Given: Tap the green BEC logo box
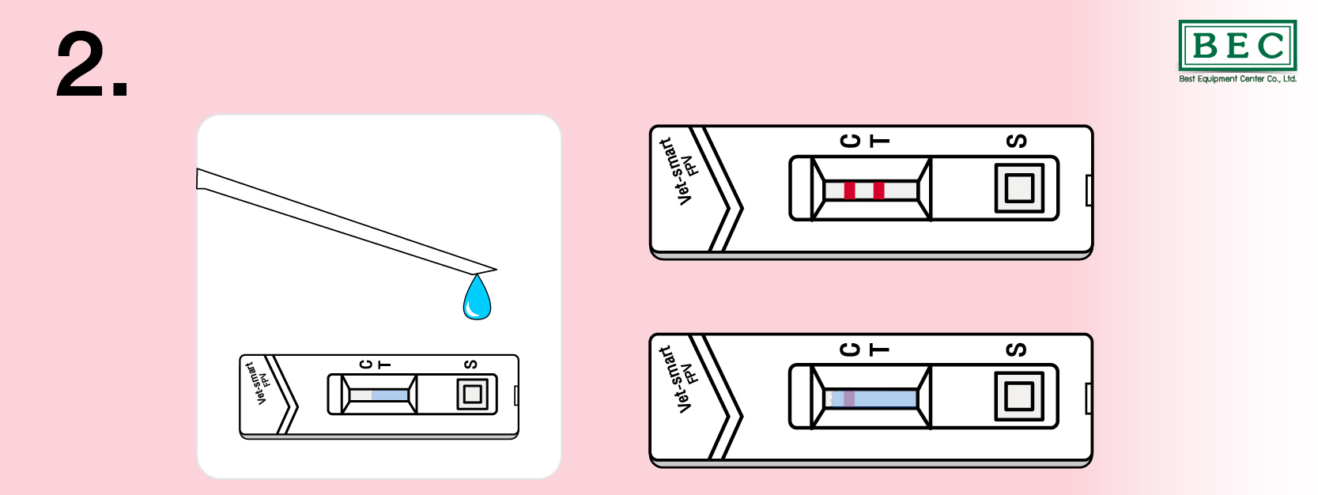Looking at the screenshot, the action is click(x=1237, y=45).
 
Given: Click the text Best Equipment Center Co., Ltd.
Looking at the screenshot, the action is click(x=1237, y=79).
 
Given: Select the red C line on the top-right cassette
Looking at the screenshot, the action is click(x=849, y=191).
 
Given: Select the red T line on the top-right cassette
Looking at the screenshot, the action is click(x=878, y=191).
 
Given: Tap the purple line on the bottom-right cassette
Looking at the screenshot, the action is click(x=849, y=399).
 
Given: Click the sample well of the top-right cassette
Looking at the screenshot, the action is click(x=1019, y=188).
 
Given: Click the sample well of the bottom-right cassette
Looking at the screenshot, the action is click(x=1019, y=396).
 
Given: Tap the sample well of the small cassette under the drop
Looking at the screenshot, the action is click(x=473, y=395).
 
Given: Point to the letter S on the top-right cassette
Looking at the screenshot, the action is click(x=1017, y=141).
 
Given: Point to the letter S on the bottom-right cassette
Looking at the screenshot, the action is click(x=1017, y=350).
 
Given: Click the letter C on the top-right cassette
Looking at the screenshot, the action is click(x=850, y=141).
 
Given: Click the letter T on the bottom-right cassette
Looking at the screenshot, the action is click(x=879, y=350).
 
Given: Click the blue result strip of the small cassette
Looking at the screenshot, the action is click(x=390, y=395).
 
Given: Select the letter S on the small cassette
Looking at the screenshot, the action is click(x=470, y=365).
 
